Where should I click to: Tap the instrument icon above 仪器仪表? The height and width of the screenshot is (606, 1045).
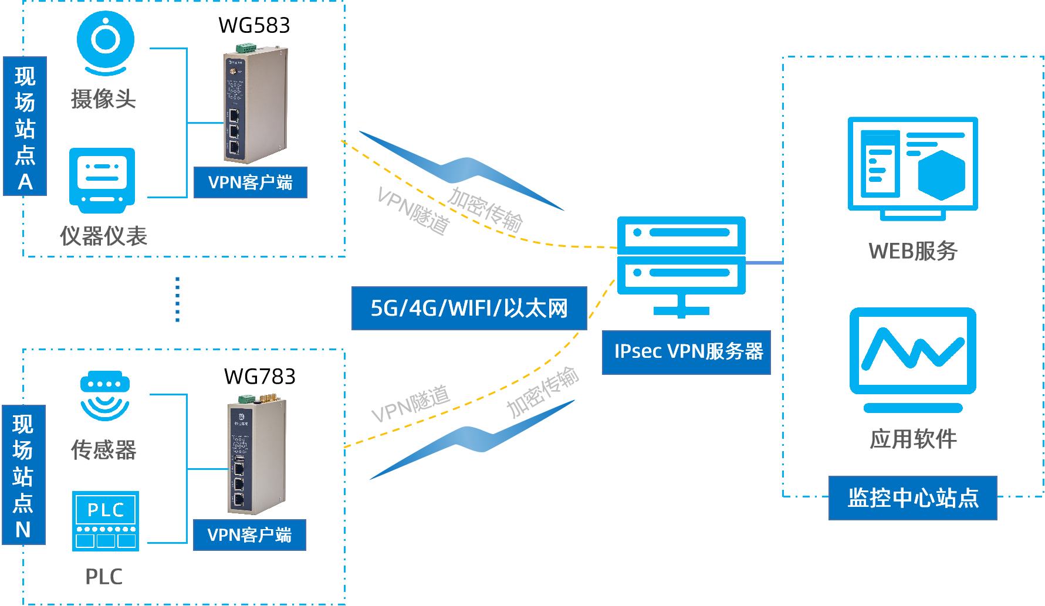coord(102,180)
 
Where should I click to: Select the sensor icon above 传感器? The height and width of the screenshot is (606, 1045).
coord(105,395)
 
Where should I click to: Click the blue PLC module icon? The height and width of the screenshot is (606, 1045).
coord(106,521)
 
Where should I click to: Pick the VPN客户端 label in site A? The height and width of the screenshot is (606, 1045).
coord(251,182)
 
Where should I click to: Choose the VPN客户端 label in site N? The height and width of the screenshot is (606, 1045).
coord(249,535)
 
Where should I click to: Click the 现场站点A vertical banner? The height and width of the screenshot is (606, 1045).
coord(25,126)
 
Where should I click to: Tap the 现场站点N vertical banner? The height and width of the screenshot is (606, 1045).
coord(23,475)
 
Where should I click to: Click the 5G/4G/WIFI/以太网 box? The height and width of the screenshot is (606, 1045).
coord(469,308)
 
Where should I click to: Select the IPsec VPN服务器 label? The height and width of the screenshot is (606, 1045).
coord(686,352)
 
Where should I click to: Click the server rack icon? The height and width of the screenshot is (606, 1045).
coord(681,264)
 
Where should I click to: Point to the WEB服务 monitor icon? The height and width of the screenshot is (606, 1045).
coord(912,167)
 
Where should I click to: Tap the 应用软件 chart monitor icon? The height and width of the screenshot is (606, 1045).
coord(912,358)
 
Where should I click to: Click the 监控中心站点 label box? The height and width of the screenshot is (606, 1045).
coord(912,498)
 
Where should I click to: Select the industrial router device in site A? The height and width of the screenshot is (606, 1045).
coord(255,106)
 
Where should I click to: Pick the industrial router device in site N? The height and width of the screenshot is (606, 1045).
coord(256,455)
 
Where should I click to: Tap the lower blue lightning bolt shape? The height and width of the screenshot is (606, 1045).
coord(472,440)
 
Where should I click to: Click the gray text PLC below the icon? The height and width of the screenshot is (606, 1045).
coord(104,577)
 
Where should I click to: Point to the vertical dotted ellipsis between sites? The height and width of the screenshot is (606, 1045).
coord(177,299)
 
